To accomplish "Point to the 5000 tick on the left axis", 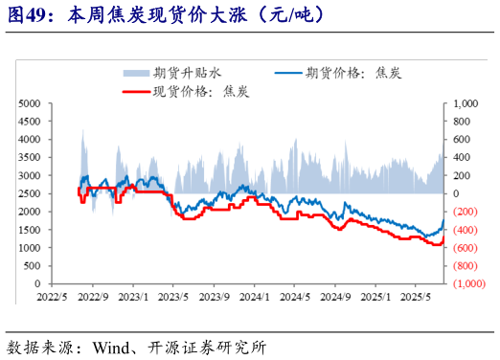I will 30,102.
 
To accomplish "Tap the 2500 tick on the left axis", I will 30,193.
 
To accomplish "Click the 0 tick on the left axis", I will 37,284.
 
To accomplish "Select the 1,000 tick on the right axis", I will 465,102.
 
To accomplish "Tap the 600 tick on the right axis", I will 461,139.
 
